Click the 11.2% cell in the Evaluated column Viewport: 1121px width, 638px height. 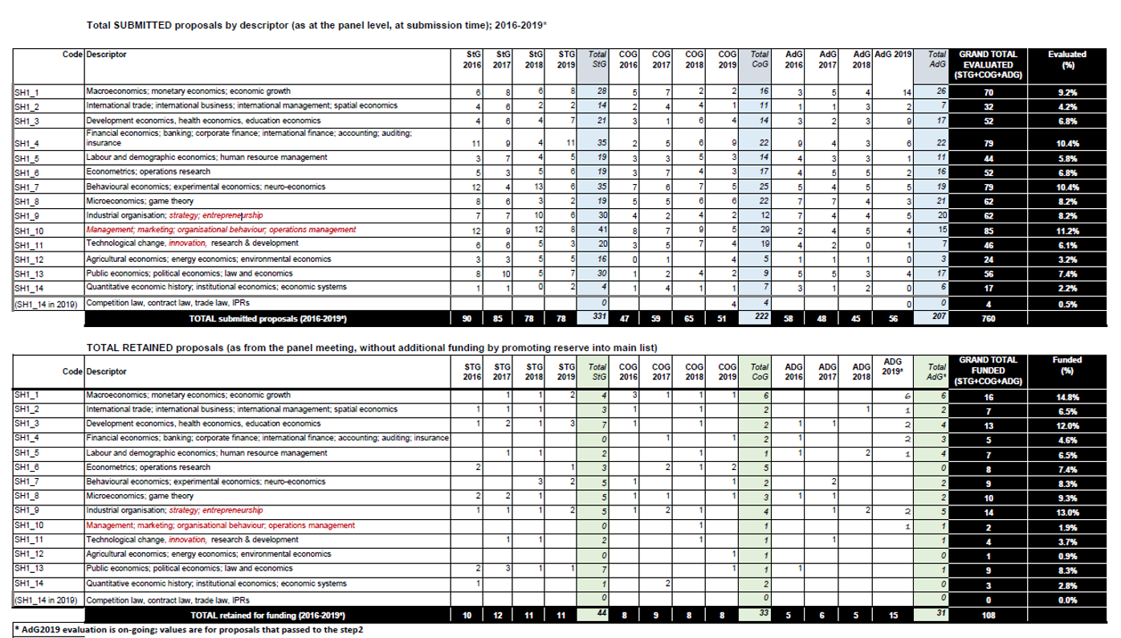(1067, 229)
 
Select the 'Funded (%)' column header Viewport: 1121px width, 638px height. (1067, 366)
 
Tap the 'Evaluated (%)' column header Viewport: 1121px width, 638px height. (1067, 59)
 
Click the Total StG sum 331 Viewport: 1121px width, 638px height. (597, 318)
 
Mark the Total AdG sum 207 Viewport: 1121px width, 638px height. (931, 318)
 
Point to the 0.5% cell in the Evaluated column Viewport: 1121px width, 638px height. (1067, 303)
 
